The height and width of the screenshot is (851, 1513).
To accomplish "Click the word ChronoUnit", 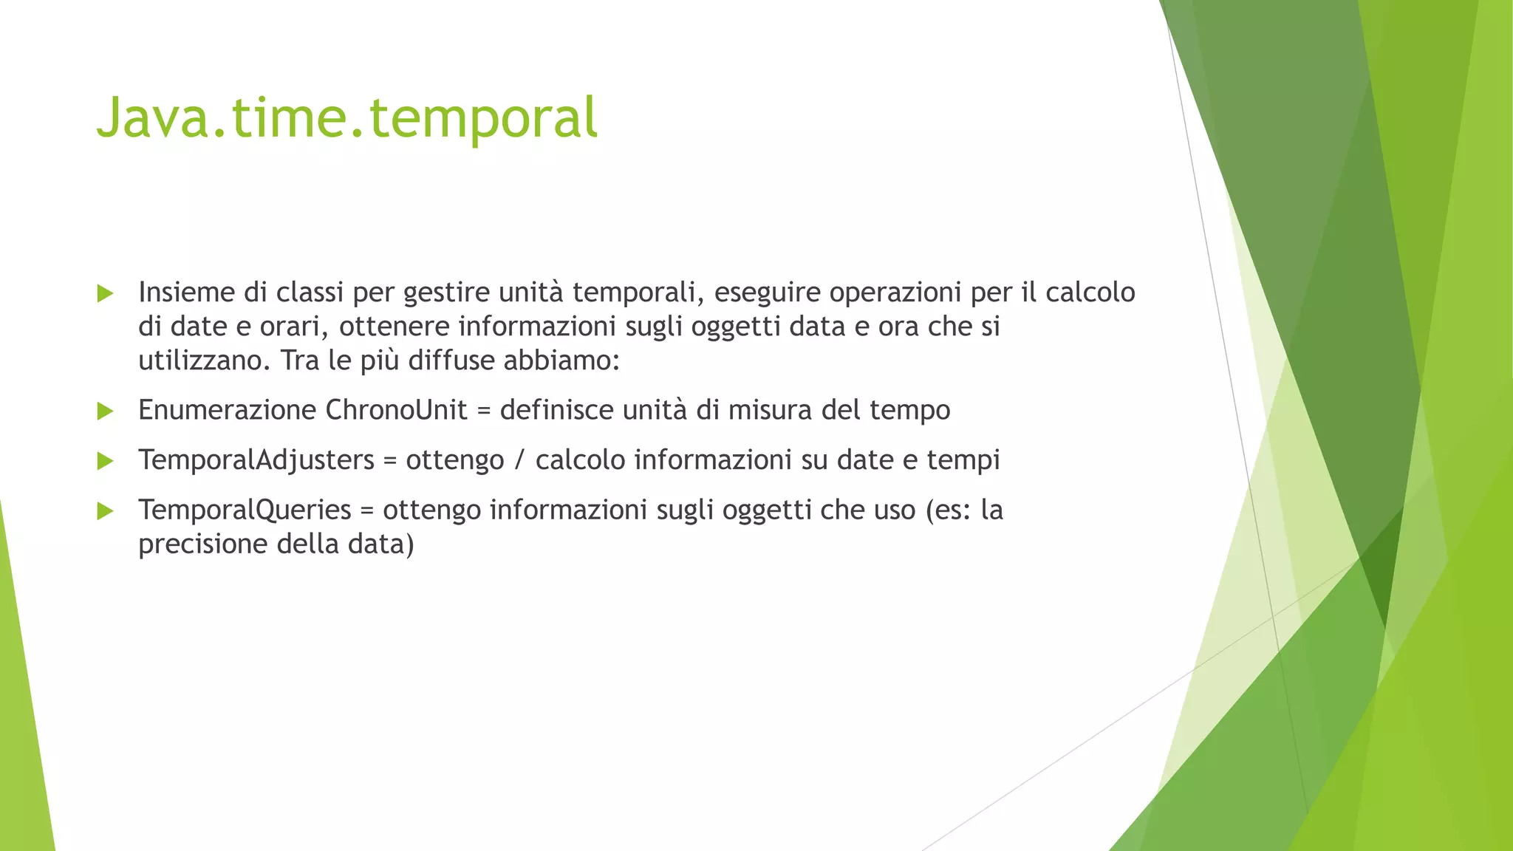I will (x=396, y=410).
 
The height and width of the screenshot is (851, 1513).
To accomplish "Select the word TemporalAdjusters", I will (x=256, y=460).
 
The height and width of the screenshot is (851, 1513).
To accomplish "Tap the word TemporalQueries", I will (x=245, y=510).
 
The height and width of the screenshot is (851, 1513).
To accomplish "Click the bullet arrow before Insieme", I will (x=105, y=293).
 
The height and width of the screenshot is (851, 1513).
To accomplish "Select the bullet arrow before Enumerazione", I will (x=105, y=411).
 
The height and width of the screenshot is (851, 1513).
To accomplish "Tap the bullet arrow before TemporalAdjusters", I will (x=105, y=461).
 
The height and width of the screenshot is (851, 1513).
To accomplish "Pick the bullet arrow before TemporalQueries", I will (x=105, y=510).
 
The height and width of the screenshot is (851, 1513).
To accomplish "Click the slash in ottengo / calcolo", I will (x=519, y=460).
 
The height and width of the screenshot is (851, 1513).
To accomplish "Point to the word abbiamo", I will (x=561, y=360).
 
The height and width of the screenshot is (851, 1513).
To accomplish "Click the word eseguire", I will (x=767, y=293).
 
